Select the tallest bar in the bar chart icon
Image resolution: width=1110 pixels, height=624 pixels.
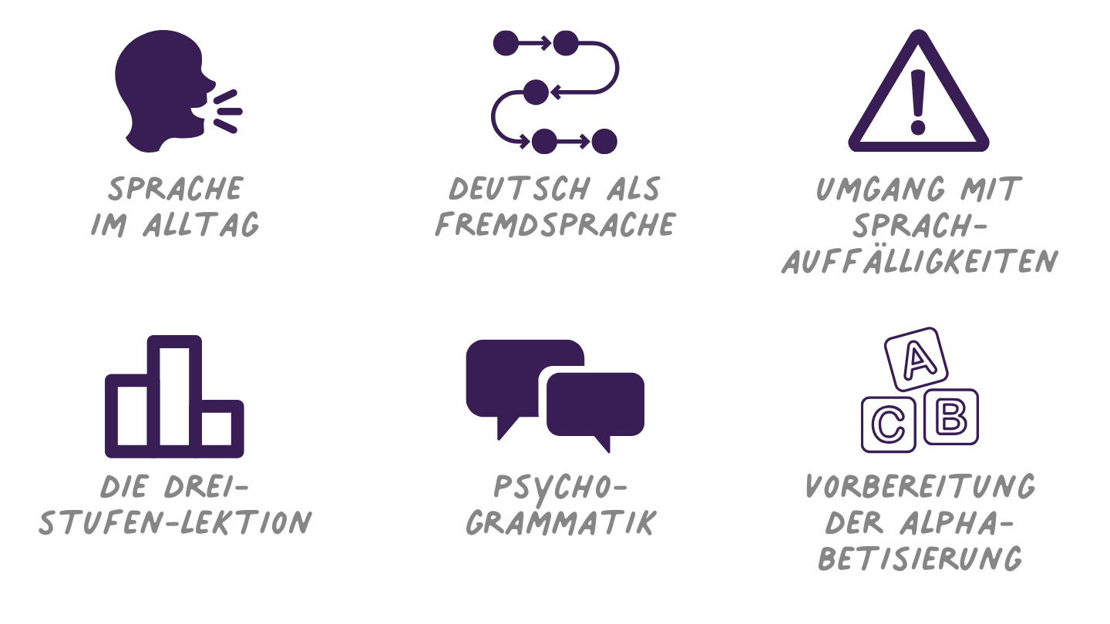point(174,393)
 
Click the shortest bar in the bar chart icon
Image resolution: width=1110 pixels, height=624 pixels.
point(221,427)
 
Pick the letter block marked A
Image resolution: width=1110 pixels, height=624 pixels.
point(916,358)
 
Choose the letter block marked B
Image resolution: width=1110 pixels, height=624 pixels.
point(950,417)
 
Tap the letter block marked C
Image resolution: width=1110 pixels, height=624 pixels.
point(889,424)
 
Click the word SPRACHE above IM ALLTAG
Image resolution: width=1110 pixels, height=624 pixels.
point(176,189)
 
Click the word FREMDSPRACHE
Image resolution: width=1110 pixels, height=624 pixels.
point(555,225)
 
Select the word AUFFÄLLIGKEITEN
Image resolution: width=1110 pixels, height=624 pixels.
point(919,263)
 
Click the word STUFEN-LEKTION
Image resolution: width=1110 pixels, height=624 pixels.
point(176,523)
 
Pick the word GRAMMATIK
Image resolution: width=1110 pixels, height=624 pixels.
point(561,523)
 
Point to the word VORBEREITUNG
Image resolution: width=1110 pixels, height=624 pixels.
point(920,486)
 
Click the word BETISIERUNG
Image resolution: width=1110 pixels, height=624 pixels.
point(920,559)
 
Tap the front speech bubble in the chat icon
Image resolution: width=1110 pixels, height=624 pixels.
point(595,406)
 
